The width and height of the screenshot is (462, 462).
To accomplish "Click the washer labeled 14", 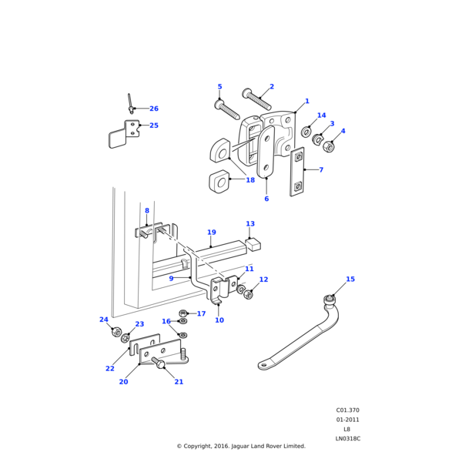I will click(x=306, y=132).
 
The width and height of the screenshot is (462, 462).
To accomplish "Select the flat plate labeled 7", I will click(x=297, y=172).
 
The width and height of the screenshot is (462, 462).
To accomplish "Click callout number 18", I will click(x=250, y=180).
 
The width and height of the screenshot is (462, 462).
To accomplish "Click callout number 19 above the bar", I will click(x=211, y=232).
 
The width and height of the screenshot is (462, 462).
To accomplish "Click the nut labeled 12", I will click(x=248, y=294).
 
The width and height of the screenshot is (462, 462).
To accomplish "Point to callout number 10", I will click(x=219, y=320).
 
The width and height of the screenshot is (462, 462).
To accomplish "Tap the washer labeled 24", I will click(x=116, y=332).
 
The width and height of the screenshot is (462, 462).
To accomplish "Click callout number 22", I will click(x=110, y=368).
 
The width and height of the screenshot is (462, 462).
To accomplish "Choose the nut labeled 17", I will click(x=183, y=313).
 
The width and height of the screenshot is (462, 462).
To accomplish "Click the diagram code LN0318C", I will click(x=347, y=438).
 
